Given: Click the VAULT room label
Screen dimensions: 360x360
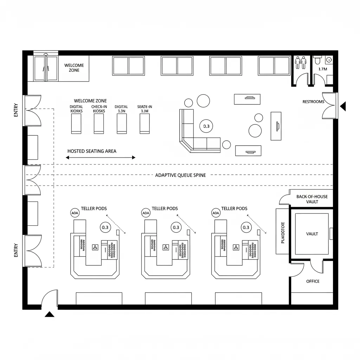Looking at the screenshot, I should point(312,234).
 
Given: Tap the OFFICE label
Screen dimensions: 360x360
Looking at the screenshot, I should point(313,281).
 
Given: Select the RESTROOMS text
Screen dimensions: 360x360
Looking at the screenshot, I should point(313,102).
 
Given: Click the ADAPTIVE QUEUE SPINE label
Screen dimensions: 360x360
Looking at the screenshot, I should point(180,175).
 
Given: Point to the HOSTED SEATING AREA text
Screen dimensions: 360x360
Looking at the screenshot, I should point(92,151).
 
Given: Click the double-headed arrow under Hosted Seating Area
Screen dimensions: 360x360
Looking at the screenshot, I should point(101,157).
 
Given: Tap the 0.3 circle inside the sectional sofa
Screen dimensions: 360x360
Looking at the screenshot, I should point(206,126).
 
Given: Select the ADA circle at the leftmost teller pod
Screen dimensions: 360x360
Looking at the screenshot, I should point(75,213).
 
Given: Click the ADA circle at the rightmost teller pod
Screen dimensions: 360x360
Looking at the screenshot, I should point(216,213).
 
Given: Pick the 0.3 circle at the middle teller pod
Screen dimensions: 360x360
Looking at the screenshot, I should point(176,227).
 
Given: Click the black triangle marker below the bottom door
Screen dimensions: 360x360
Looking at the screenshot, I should point(50,314).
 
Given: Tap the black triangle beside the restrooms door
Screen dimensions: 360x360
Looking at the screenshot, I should point(343,105).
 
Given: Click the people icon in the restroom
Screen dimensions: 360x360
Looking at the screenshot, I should point(301,62).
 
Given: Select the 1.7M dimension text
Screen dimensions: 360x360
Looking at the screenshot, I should point(323,69).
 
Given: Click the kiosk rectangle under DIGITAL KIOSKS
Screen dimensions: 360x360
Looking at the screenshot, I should point(76,124).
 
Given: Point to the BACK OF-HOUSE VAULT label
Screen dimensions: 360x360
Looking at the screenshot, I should point(312,199).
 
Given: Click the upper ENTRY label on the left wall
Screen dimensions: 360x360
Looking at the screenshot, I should point(15,113).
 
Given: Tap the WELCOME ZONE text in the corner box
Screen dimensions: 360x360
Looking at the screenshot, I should point(74,67).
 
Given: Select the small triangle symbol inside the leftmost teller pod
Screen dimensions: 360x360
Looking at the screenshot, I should point(95,247).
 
